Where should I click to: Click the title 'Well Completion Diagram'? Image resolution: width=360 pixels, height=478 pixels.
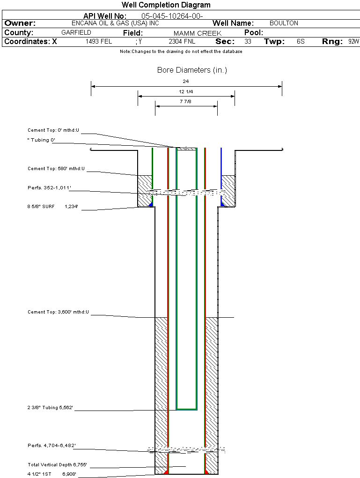pyautogui.click(x=166, y=5)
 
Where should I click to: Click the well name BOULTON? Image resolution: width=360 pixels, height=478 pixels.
pyautogui.click(x=284, y=23)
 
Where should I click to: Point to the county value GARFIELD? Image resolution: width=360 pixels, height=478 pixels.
pyautogui.click(x=76, y=33)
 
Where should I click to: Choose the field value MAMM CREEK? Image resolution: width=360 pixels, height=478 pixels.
pyautogui.click(x=197, y=33)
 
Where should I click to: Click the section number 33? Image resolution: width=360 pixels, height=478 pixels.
pyautogui.click(x=248, y=41)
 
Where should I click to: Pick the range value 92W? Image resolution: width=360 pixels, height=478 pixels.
pyautogui.click(x=353, y=41)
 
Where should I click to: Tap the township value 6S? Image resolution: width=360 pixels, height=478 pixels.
pyautogui.click(x=301, y=41)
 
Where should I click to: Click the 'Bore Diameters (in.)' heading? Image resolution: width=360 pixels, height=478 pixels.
pyautogui.click(x=192, y=70)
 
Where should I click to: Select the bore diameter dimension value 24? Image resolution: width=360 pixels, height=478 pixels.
pyautogui.click(x=186, y=81)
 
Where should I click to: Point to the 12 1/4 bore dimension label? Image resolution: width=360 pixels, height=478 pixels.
pyautogui.click(x=186, y=91)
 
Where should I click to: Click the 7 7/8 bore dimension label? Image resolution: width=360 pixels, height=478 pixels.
pyautogui.click(x=186, y=101)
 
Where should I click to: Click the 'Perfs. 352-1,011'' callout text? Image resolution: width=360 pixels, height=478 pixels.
pyautogui.click(x=49, y=187)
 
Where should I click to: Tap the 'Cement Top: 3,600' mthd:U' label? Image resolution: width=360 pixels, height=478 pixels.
pyautogui.click(x=58, y=312)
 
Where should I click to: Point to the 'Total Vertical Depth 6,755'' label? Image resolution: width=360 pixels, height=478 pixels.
pyautogui.click(x=57, y=464)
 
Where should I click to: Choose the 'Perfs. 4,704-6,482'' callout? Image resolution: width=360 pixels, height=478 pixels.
pyautogui.click(x=51, y=445)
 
